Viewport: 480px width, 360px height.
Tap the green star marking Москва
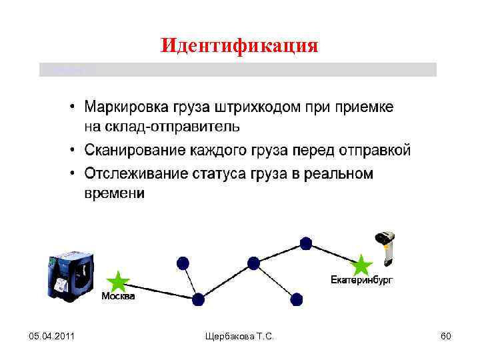[118, 282]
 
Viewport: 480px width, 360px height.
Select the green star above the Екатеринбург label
[361, 265]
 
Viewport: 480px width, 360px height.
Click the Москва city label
[118, 297]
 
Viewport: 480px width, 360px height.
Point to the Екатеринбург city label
[362, 280]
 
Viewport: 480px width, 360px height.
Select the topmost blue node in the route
[305, 243]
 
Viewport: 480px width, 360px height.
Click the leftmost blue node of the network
[182, 261]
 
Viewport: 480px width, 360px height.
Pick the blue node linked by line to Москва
[198, 299]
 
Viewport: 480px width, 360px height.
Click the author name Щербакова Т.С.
[239, 338]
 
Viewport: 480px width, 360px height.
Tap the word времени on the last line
[114, 193]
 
